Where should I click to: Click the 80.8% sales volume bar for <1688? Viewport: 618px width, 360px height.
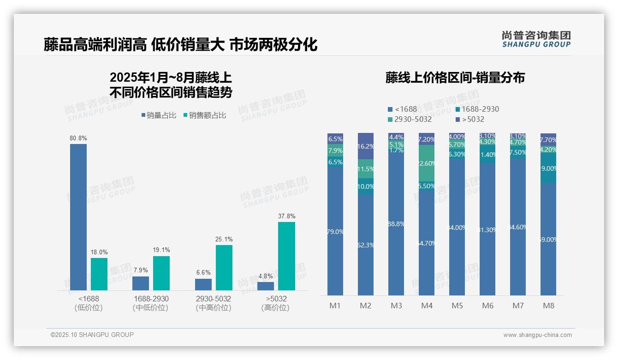click(78, 217)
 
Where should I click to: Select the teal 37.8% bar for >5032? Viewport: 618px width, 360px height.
click(286, 256)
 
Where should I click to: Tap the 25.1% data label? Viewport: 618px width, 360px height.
click(224, 240)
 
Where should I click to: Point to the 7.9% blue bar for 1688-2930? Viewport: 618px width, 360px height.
click(141, 283)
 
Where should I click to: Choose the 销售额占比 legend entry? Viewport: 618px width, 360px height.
click(205, 115)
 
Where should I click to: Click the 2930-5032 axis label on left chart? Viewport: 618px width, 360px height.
click(213, 299)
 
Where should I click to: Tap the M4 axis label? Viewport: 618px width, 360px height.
click(427, 306)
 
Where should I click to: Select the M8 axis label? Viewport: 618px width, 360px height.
click(548, 306)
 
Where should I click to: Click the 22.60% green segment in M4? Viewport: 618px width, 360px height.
click(427, 162)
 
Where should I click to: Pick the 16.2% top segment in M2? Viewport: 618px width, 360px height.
click(366, 146)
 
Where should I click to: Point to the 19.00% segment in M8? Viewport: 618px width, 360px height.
click(548, 168)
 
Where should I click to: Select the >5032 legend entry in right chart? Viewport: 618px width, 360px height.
click(470, 120)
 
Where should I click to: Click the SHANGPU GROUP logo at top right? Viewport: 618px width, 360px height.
click(536, 39)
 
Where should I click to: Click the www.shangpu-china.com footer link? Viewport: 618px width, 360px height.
click(537, 335)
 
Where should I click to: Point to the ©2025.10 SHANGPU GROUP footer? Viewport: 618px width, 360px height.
click(92, 335)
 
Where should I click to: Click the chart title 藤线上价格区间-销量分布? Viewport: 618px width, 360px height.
click(455, 78)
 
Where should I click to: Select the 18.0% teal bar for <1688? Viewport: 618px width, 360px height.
click(99, 274)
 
